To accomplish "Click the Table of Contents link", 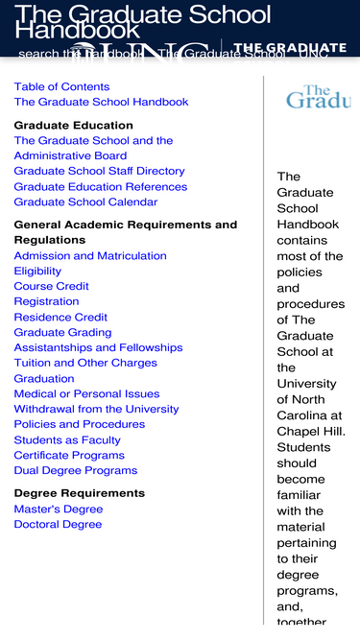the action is (61, 86).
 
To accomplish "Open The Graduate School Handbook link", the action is (101, 102).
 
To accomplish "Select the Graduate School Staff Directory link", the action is (99, 171).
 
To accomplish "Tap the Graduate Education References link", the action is (100, 186).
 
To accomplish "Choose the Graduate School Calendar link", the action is (85, 201).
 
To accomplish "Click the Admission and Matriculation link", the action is (90, 255).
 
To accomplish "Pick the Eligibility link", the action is (37, 271).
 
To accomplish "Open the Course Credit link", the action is (51, 286).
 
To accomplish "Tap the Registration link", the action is (46, 301).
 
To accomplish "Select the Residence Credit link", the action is (60, 317).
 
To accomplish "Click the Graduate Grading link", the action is (62, 332).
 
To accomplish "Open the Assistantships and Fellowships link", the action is (98, 347).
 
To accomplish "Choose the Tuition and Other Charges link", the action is (85, 363).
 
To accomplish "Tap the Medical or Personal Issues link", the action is (86, 393).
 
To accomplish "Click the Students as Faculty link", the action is (67, 439).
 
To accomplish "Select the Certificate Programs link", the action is (69, 455).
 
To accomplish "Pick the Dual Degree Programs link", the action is (76, 470).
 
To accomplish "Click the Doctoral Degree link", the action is (58, 524).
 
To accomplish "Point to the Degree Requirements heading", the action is (79, 493).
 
